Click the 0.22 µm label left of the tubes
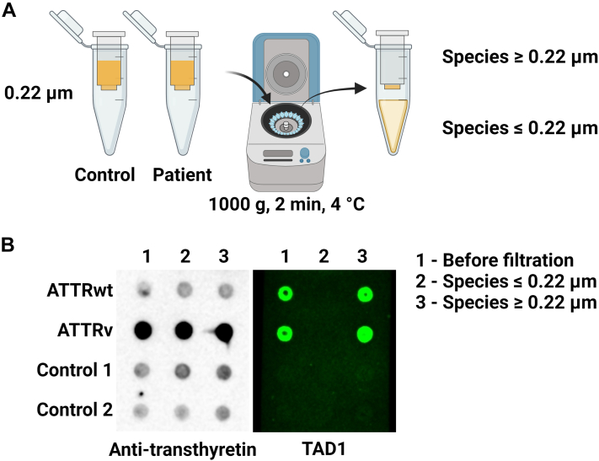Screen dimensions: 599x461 pos(37,88)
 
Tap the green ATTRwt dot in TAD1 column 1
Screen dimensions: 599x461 pos(286,294)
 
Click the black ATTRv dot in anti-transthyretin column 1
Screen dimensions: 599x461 pos(145,330)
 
